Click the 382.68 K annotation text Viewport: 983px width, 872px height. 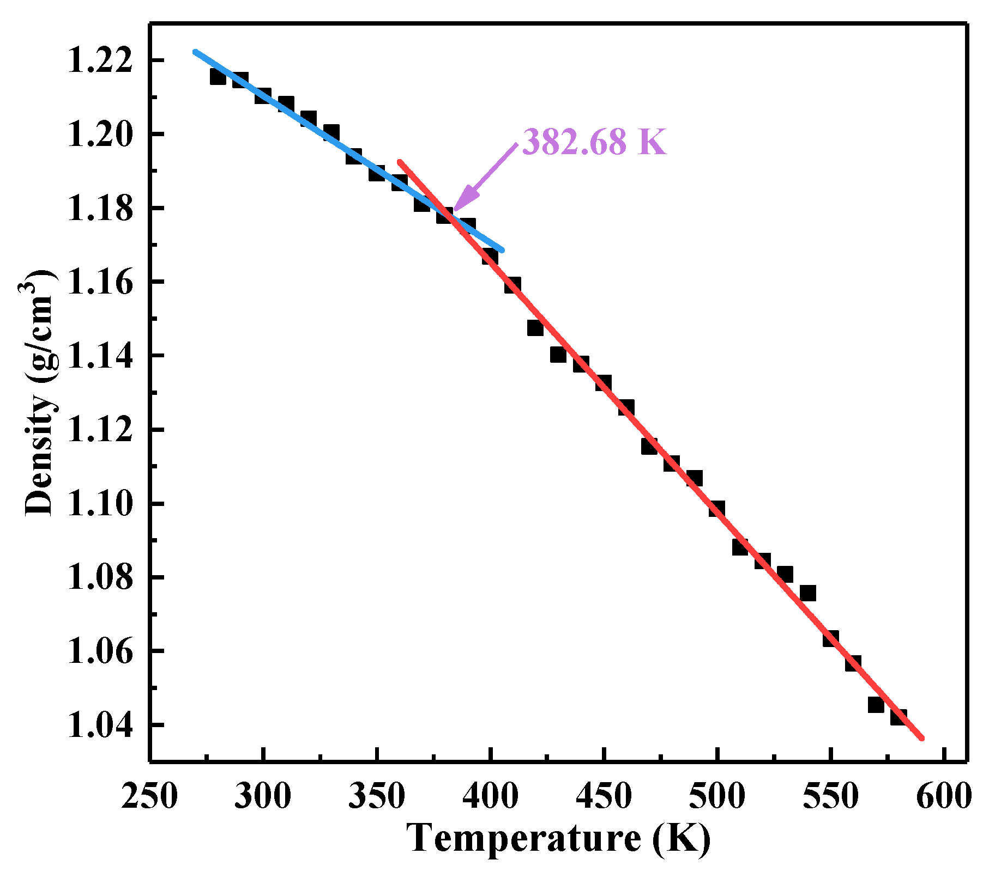(594, 143)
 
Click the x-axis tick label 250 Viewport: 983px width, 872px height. (149, 797)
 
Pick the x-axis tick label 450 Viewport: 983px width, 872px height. (604, 797)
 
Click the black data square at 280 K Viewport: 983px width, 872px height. (218, 76)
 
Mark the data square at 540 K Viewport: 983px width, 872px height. (807, 593)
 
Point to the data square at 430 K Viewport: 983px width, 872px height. (558, 355)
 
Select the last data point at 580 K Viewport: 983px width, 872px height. (898, 717)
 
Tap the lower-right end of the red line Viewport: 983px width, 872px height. (922, 739)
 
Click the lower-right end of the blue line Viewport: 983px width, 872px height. (502, 250)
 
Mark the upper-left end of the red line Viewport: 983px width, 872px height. (400, 161)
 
